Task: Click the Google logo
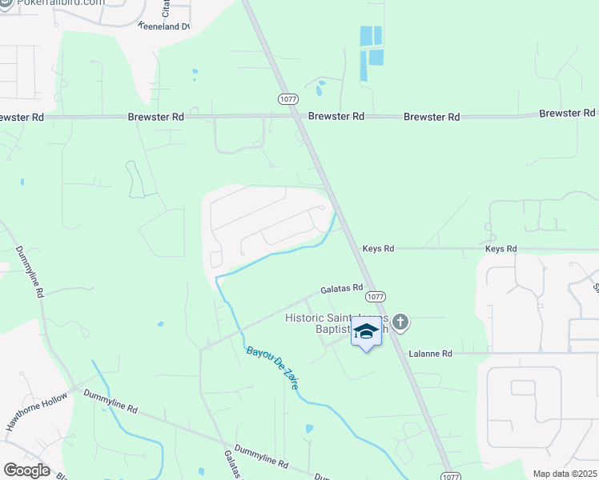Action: coord(26,470)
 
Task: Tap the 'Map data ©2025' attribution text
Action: coord(565,474)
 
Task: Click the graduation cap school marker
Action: coord(366,331)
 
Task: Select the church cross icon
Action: coord(400,322)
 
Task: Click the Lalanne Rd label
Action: coord(429,353)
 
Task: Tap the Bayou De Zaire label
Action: coord(272,368)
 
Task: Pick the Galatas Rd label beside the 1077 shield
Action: coord(342,288)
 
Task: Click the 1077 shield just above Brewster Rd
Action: coord(288,98)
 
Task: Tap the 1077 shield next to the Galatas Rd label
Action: coord(380,296)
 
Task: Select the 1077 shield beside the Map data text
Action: coord(452,474)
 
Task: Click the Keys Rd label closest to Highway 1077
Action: coord(378,249)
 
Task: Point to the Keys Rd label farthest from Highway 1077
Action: coord(501,249)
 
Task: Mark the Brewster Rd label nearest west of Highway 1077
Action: coord(156,117)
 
